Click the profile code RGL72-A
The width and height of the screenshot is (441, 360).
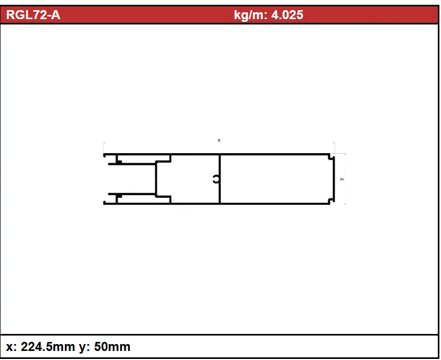click(x=33, y=15)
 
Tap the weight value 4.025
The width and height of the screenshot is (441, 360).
click(x=287, y=15)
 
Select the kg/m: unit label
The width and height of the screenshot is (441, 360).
click(x=251, y=15)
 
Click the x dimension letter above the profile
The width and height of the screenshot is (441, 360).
click(x=219, y=140)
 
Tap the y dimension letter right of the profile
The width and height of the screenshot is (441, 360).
click(x=342, y=179)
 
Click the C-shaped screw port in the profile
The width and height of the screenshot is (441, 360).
click(x=216, y=179)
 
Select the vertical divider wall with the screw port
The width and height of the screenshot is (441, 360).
click(x=220, y=165)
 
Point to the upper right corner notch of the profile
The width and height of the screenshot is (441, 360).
click(x=331, y=157)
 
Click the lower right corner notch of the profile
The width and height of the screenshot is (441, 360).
click(x=331, y=200)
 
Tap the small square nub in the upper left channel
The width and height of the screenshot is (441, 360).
click(x=119, y=161)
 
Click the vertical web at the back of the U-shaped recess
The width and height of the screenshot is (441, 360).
click(x=156, y=179)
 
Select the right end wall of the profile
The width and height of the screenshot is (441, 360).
click(x=334, y=179)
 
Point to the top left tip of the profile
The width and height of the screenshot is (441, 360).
click(x=105, y=155)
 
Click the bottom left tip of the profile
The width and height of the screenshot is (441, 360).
click(x=105, y=203)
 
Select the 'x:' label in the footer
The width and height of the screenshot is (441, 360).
click(x=11, y=347)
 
